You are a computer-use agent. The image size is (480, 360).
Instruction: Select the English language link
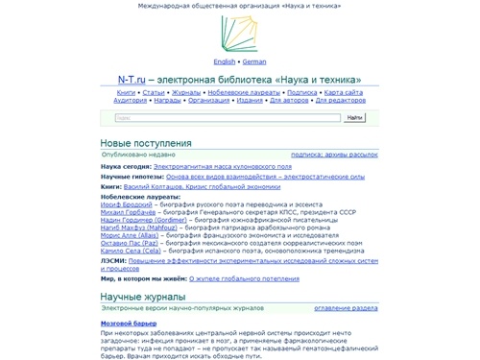[x=224, y=60]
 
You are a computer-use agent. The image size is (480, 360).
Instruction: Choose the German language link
[x=254, y=60]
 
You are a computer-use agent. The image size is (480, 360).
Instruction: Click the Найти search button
[x=354, y=118]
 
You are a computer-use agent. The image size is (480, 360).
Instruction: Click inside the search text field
[x=227, y=118]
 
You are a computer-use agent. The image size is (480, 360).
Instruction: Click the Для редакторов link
[x=337, y=100]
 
